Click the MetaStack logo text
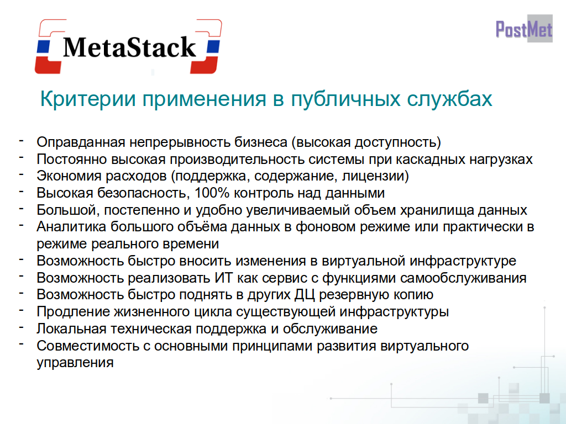[129, 47]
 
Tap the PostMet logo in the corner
[524, 29]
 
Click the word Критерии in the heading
[88, 99]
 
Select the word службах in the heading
[449, 99]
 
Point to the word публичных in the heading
[346, 99]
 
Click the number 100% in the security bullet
[212, 193]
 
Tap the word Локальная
[71, 329]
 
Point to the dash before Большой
[22, 208]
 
